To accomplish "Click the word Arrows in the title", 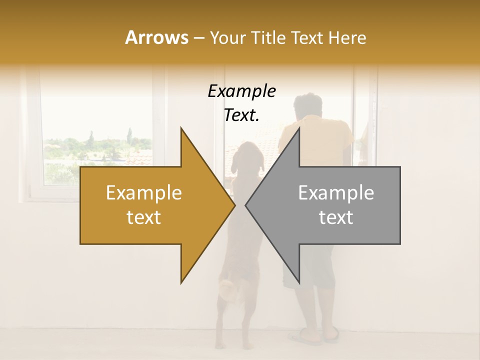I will coord(157,37).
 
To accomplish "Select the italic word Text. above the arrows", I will coord(241,115).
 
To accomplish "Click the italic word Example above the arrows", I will coord(241,91).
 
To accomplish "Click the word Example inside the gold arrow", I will coord(144,193).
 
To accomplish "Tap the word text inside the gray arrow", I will coord(336,217).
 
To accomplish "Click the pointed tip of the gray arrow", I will coord(246,205).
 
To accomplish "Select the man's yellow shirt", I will coord(325,140).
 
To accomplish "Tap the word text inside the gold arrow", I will coord(144,217).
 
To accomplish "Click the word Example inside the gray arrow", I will coord(336,193).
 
